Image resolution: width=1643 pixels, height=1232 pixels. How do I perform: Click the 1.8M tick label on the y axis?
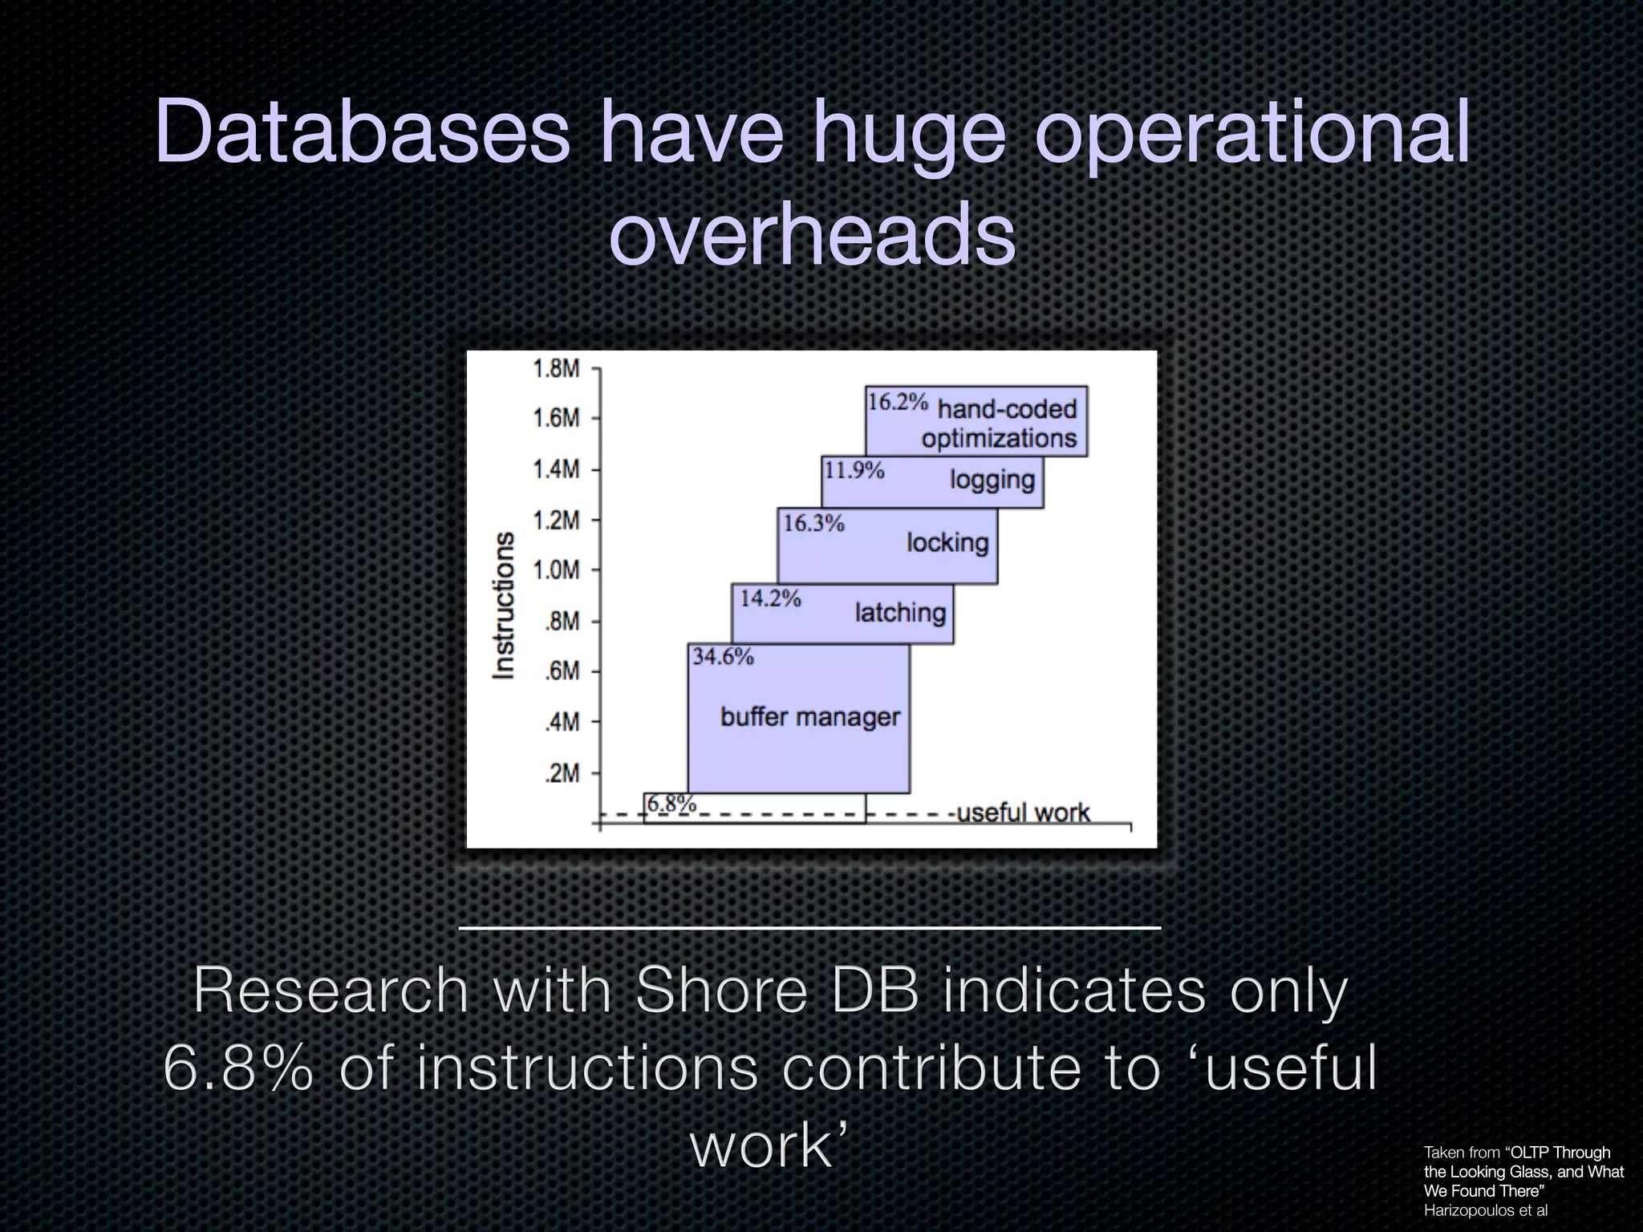(x=555, y=369)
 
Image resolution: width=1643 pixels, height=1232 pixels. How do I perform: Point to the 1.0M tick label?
(x=555, y=570)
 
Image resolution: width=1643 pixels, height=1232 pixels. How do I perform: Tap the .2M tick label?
(x=561, y=773)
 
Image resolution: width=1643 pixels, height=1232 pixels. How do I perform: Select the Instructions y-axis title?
(x=504, y=606)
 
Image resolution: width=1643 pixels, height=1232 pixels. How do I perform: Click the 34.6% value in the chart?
(x=723, y=657)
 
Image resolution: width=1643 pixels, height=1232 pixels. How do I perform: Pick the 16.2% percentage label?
(x=898, y=402)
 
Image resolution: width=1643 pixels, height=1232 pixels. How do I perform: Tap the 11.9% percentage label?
(x=854, y=470)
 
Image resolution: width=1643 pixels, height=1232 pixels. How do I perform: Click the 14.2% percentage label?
(x=770, y=598)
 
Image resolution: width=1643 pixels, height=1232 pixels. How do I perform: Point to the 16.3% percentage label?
(x=813, y=524)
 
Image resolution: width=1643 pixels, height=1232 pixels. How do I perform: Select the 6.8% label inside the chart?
(x=671, y=804)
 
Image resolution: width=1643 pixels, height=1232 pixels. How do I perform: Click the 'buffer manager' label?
(x=809, y=716)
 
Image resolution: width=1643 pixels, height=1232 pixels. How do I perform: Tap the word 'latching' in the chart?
(x=900, y=613)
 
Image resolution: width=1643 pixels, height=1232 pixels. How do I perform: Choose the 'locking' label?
(x=947, y=543)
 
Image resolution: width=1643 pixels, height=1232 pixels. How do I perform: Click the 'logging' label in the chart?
(x=992, y=480)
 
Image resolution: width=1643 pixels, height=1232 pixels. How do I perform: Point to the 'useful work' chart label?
(x=1024, y=813)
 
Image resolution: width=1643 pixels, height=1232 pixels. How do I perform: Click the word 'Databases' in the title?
(x=362, y=131)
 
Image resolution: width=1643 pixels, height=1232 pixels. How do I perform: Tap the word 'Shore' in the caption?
(x=721, y=991)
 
